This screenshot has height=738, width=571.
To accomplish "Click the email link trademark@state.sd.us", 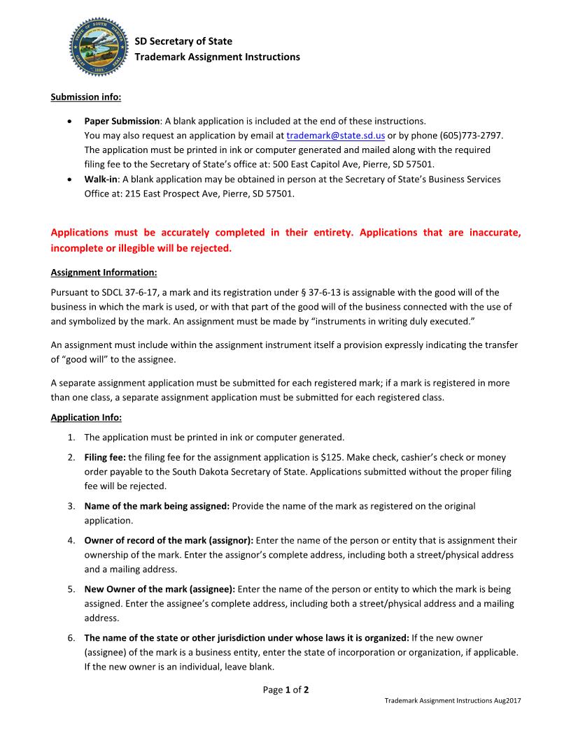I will [x=335, y=135].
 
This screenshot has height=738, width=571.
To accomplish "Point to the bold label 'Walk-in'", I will [x=102, y=180].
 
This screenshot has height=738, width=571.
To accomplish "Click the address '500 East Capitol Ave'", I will [x=311, y=164].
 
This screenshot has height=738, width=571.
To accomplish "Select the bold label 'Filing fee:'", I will [x=105, y=457].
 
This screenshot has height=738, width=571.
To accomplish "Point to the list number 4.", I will [x=71, y=540].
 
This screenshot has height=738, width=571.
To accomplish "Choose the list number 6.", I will [x=71, y=638].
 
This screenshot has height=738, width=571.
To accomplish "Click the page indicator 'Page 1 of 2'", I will [x=285, y=690].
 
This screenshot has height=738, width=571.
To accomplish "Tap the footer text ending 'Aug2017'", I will [x=453, y=700].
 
